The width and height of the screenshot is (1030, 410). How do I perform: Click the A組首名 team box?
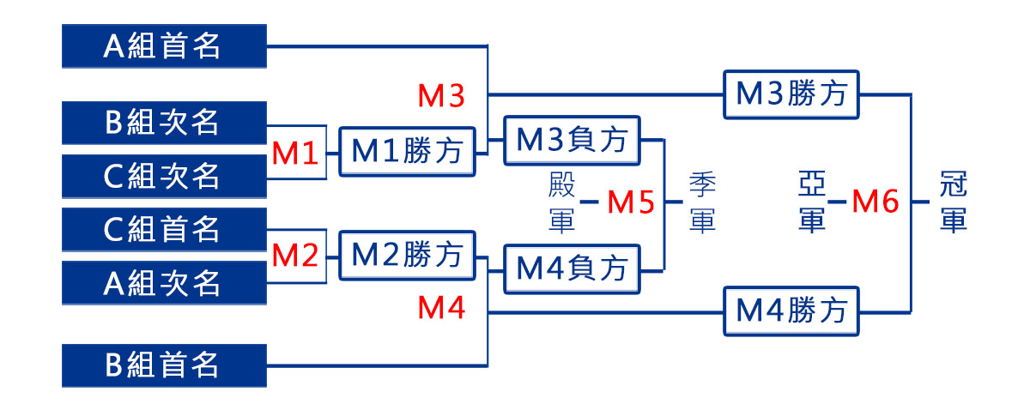[x=164, y=45]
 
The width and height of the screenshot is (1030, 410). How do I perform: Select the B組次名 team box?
[x=164, y=123]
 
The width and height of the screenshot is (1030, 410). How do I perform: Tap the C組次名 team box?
[x=164, y=175]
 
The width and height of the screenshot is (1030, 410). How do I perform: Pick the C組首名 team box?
[x=164, y=229]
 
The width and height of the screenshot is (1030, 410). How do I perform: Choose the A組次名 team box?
[x=164, y=282]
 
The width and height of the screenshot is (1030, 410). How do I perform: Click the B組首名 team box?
[x=164, y=365]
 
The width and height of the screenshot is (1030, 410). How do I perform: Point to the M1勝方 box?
[x=408, y=153]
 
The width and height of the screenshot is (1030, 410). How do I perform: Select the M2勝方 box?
[x=408, y=255]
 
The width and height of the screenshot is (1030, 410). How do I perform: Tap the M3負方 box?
[x=573, y=140]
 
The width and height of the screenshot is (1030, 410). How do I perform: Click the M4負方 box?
[x=573, y=270]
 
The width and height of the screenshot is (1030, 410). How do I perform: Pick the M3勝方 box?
[x=792, y=93]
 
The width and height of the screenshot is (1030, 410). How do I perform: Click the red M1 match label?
[x=296, y=154]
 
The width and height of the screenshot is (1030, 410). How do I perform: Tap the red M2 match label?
[x=296, y=255]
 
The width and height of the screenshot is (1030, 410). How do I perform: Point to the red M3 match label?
[x=441, y=97]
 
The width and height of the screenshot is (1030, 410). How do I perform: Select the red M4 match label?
[x=441, y=308]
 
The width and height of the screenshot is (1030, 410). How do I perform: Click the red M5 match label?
[x=631, y=203]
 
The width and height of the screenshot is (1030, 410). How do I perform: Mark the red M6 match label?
[x=875, y=202]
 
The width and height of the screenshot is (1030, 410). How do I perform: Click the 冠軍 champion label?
[x=954, y=203]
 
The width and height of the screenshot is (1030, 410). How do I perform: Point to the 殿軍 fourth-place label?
[x=561, y=203]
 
